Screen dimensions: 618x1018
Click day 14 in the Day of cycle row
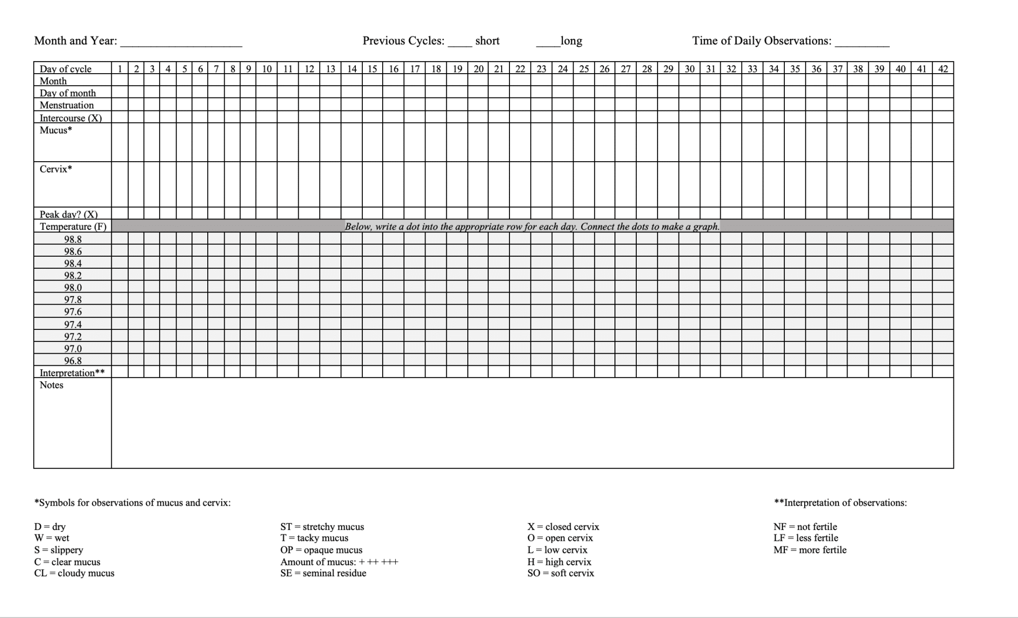click(x=352, y=69)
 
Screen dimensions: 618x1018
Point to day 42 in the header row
click(x=943, y=69)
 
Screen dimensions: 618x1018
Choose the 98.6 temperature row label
click(x=73, y=251)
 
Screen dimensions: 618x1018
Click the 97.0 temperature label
click(x=73, y=348)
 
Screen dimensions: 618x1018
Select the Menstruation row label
click(x=67, y=105)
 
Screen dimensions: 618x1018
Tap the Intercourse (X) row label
click(x=71, y=118)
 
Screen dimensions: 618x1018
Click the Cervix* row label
click(x=56, y=169)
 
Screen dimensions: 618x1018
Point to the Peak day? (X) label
click(x=69, y=214)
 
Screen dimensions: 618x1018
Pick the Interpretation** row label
click(x=72, y=373)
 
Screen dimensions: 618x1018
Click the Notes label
click(x=52, y=385)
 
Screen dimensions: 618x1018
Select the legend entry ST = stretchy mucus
click(x=322, y=526)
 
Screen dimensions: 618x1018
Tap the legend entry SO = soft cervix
click(x=561, y=573)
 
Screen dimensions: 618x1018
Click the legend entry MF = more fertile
click(x=810, y=550)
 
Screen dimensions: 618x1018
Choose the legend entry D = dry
click(x=50, y=526)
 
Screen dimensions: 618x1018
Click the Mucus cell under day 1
click(x=120, y=142)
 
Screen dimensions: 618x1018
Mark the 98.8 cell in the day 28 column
click(x=647, y=238)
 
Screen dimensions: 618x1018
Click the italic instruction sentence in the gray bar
click(x=532, y=226)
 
